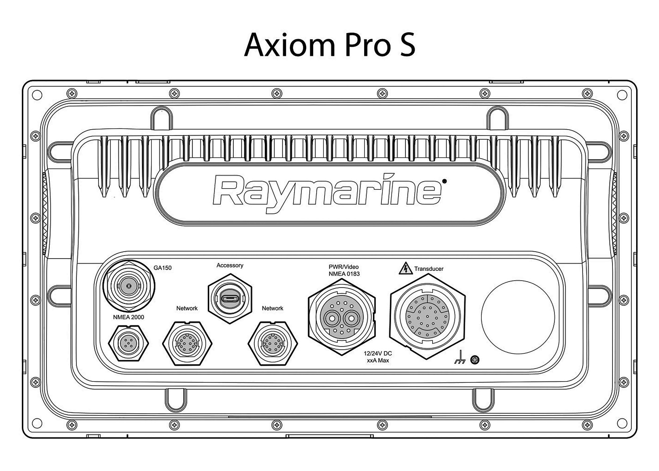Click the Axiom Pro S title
329,44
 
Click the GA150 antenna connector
128,286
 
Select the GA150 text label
163,268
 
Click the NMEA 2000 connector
128,343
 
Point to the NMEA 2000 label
128,317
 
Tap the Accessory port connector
230,299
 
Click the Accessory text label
230,266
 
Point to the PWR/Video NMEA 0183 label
344,270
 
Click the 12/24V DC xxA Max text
378,357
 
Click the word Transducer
429,269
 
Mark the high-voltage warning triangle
405,268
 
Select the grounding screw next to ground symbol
474,360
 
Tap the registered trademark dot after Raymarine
444,181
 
